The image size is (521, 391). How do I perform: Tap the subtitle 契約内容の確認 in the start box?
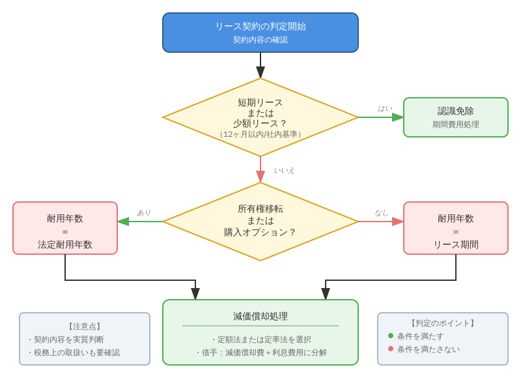(260, 40)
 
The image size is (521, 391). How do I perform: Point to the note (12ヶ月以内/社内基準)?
(260, 134)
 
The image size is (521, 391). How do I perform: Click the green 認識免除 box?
(456, 117)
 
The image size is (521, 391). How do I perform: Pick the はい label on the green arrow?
(385, 109)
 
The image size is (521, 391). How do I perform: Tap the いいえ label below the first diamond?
(284, 171)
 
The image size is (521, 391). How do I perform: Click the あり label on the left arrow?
(144, 212)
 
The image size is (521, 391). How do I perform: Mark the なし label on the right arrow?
(381, 212)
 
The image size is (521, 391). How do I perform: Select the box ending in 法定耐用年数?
(65, 228)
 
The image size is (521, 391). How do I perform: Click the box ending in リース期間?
(456, 228)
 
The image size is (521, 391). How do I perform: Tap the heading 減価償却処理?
(260, 316)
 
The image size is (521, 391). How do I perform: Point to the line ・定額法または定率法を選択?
(260, 340)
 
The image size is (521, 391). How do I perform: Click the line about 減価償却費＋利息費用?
(260, 353)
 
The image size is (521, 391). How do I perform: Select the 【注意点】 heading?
(85, 326)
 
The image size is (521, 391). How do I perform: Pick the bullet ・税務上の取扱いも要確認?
(73, 353)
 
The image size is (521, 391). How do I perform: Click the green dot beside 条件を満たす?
(391, 336)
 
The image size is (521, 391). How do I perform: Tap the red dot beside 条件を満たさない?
(391, 349)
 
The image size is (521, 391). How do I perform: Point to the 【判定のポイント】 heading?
(443, 323)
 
